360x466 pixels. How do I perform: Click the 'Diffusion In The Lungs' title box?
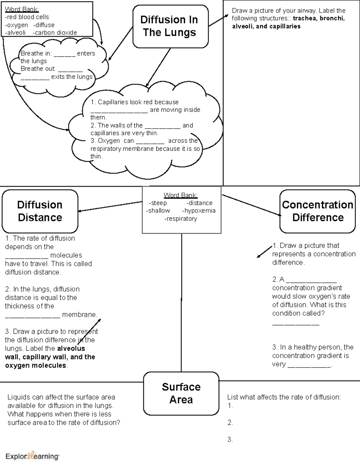point(170,26)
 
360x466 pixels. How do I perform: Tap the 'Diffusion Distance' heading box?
point(40,211)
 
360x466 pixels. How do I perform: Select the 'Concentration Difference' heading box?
point(317,211)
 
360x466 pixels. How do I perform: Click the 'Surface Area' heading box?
point(181,393)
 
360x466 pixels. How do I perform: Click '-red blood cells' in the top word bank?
point(27,17)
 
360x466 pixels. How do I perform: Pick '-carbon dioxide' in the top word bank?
point(55,33)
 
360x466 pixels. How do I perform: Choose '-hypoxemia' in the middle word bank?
point(199,211)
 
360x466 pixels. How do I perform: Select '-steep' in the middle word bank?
point(158,203)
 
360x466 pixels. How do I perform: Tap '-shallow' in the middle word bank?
point(158,211)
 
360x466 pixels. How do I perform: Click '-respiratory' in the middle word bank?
point(181,219)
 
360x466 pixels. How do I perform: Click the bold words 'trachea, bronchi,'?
point(319,18)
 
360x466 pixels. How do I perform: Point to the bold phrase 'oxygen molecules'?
point(36,365)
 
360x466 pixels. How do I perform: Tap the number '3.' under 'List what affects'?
point(230,440)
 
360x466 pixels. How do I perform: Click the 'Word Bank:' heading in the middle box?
point(181,195)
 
